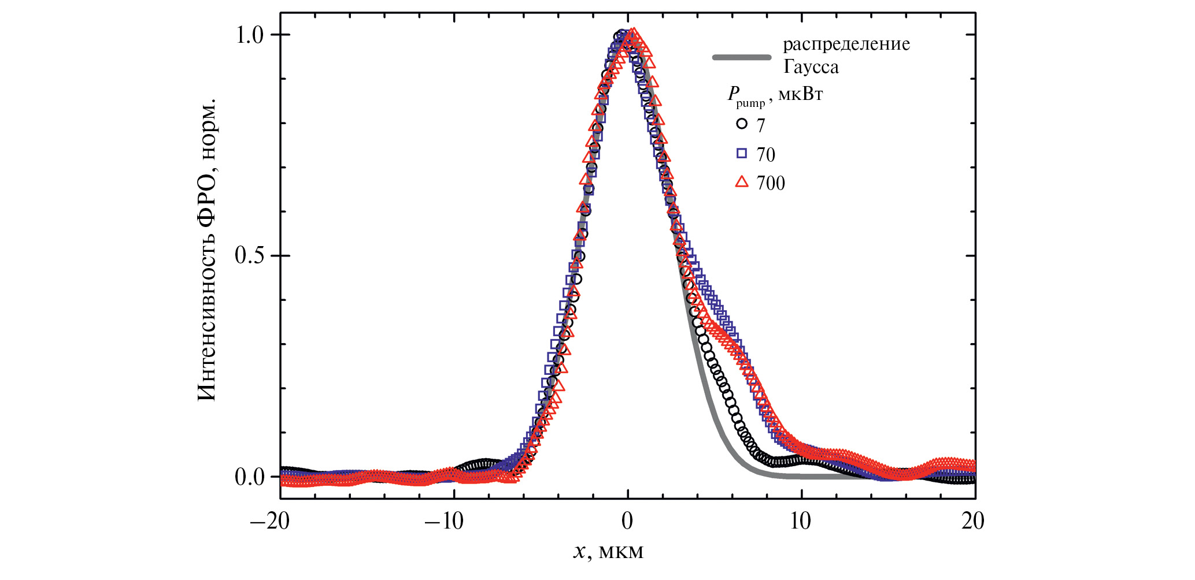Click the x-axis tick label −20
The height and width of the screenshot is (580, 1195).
[x=269, y=521]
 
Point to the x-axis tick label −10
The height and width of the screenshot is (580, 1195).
[x=444, y=521]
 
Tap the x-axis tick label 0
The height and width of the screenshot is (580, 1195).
[x=627, y=521]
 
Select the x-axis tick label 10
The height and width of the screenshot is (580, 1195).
[x=800, y=521]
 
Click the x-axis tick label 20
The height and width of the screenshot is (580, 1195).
[x=973, y=521]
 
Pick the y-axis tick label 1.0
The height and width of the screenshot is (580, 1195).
[x=249, y=35]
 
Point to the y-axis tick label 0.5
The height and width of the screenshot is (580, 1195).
[x=249, y=255]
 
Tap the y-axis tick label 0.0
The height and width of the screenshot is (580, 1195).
[x=249, y=477]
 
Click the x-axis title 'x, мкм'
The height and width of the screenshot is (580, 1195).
[x=608, y=552]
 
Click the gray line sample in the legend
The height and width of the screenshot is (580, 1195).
[x=742, y=57]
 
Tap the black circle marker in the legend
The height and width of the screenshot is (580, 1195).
[x=742, y=124]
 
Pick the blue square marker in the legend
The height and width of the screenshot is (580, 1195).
[x=742, y=153]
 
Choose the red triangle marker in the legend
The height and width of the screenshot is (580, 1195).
[x=742, y=183]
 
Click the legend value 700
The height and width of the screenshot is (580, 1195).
[x=771, y=183]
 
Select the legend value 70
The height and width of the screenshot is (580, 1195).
[x=765, y=154]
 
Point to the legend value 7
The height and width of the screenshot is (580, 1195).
[x=761, y=125]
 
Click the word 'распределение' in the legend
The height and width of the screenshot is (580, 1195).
[x=846, y=44]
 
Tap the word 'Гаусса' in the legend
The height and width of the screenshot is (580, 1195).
[x=811, y=67]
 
